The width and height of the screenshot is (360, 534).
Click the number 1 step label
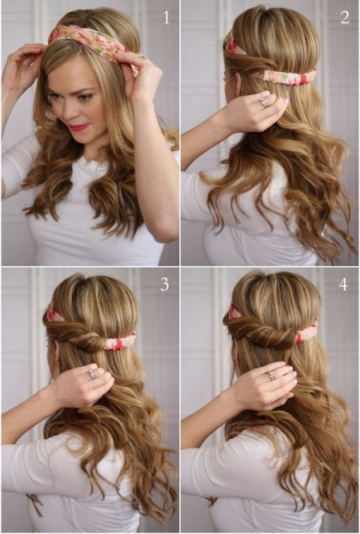click(166, 18)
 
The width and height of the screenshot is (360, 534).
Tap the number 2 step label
click(345, 18)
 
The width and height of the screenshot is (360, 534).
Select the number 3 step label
click(165, 284)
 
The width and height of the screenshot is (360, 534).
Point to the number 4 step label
click(343, 284)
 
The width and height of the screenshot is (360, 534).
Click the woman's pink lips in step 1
click(78, 127)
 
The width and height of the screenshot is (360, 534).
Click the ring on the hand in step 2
click(264, 102)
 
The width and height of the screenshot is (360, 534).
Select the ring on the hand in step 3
click(93, 374)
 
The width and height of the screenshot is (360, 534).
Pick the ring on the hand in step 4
click(273, 375)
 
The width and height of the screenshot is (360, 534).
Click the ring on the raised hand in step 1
click(142, 58)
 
